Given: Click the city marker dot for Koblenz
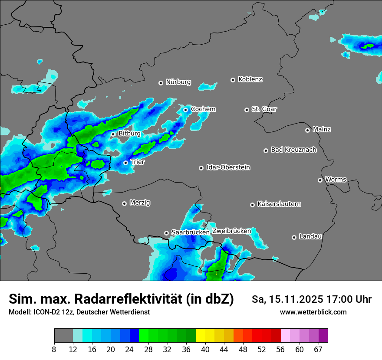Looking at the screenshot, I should point(233,80).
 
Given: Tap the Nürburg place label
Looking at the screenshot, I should point(178,82).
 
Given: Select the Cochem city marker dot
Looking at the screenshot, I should point(185,110).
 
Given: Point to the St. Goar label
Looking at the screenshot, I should point(264,109).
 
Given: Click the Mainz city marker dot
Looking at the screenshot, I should point(308,130).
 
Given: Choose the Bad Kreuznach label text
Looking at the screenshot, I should point(293,150).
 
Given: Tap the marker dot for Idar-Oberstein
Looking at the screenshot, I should point(201,168).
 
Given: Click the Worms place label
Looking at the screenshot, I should point(336,179).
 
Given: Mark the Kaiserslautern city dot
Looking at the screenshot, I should point(252,205).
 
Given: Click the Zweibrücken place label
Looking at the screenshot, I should point(232,231).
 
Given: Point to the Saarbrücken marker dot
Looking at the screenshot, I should point(166,233).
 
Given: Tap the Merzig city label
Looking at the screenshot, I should point(140,203).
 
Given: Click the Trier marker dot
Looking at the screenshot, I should point(126,163).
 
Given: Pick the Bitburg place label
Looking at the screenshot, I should point(129,134).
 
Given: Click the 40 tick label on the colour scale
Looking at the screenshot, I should point(205,350).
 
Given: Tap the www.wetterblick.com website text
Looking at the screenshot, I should point(313,312).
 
